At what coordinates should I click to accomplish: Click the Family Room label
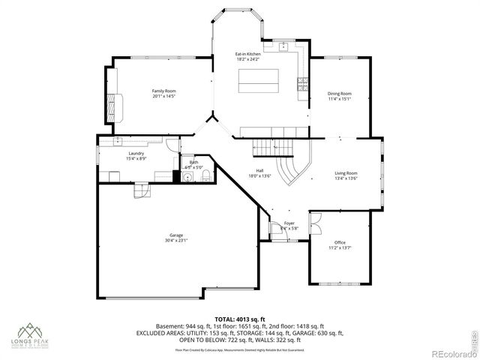164,91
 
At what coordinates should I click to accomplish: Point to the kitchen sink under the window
286,46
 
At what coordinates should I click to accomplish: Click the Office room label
339,242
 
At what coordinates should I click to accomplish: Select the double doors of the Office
314,222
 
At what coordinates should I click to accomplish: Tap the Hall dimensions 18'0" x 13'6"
259,176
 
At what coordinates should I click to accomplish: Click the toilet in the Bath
204,177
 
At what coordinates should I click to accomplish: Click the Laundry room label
136,153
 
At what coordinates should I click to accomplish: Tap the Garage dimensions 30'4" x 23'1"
177,241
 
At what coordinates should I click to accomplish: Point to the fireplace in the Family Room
113,106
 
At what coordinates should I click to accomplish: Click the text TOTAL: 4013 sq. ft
239,319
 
